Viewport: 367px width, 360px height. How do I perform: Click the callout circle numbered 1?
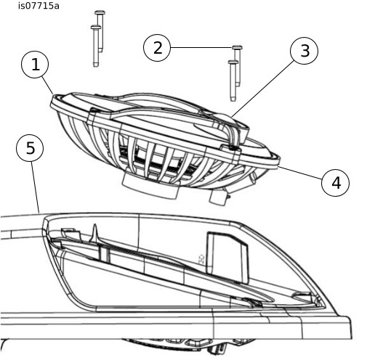point(35,65)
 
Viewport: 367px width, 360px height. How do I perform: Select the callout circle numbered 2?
point(157,48)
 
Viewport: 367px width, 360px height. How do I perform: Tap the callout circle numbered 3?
point(304,51)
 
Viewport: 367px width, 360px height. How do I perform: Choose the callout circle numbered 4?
point(335,183)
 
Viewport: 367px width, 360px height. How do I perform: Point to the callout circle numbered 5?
point(30,148)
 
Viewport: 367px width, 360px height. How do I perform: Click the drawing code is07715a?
point(39,6)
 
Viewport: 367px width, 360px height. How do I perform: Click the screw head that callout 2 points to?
point(237,47)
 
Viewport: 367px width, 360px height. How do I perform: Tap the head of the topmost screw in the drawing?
point(100,12)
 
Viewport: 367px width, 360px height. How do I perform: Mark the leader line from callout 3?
point(264,89)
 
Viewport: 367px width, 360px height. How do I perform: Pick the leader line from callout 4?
point(301,173)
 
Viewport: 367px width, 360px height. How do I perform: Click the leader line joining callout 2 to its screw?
point(201,47)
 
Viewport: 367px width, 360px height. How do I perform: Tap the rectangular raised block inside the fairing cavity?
point(227,257)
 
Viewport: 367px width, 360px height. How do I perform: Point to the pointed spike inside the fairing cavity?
point(95,233)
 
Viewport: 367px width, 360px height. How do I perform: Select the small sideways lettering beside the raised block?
point(201,259)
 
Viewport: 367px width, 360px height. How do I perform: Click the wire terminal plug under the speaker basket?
point(219,196)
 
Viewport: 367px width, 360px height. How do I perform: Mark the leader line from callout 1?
point(47,85)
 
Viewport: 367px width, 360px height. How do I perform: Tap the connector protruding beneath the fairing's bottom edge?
point(217,348)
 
